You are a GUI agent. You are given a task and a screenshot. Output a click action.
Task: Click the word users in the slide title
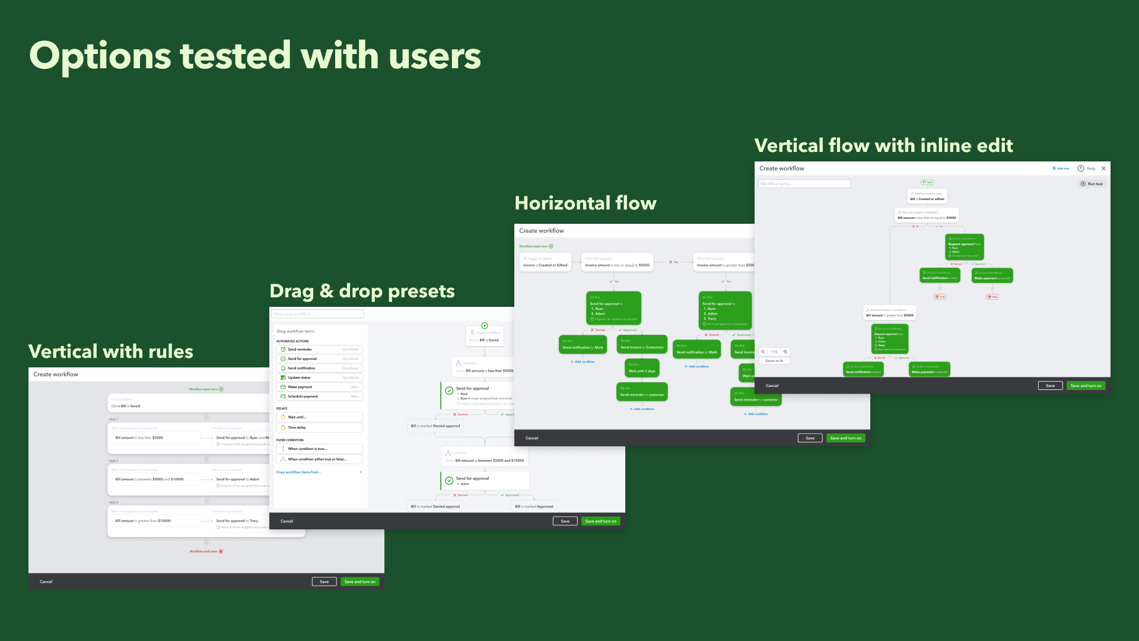(435, 56)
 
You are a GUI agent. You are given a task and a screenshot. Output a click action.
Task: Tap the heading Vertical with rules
(110, 351)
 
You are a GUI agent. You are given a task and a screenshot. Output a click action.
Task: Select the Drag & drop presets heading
(362, 291)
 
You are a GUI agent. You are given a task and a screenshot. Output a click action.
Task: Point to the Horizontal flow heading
(586, 203)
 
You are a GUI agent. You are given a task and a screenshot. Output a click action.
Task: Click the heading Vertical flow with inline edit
(883, 145)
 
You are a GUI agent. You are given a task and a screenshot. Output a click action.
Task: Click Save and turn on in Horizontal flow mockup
(845, 438)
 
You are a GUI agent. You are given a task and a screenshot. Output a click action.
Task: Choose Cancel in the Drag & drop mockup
(287, 521)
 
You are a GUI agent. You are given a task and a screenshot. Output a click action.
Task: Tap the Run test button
(1092, 184)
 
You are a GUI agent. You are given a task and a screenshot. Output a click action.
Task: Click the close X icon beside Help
(1103, 169)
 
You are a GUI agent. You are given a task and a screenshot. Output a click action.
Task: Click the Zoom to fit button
(774, 361)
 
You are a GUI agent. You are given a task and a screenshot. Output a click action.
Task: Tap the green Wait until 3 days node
(642, 369)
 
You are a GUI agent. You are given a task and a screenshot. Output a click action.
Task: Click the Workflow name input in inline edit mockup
(804, 184)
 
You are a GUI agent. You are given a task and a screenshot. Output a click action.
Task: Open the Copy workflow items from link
(299, 472)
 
